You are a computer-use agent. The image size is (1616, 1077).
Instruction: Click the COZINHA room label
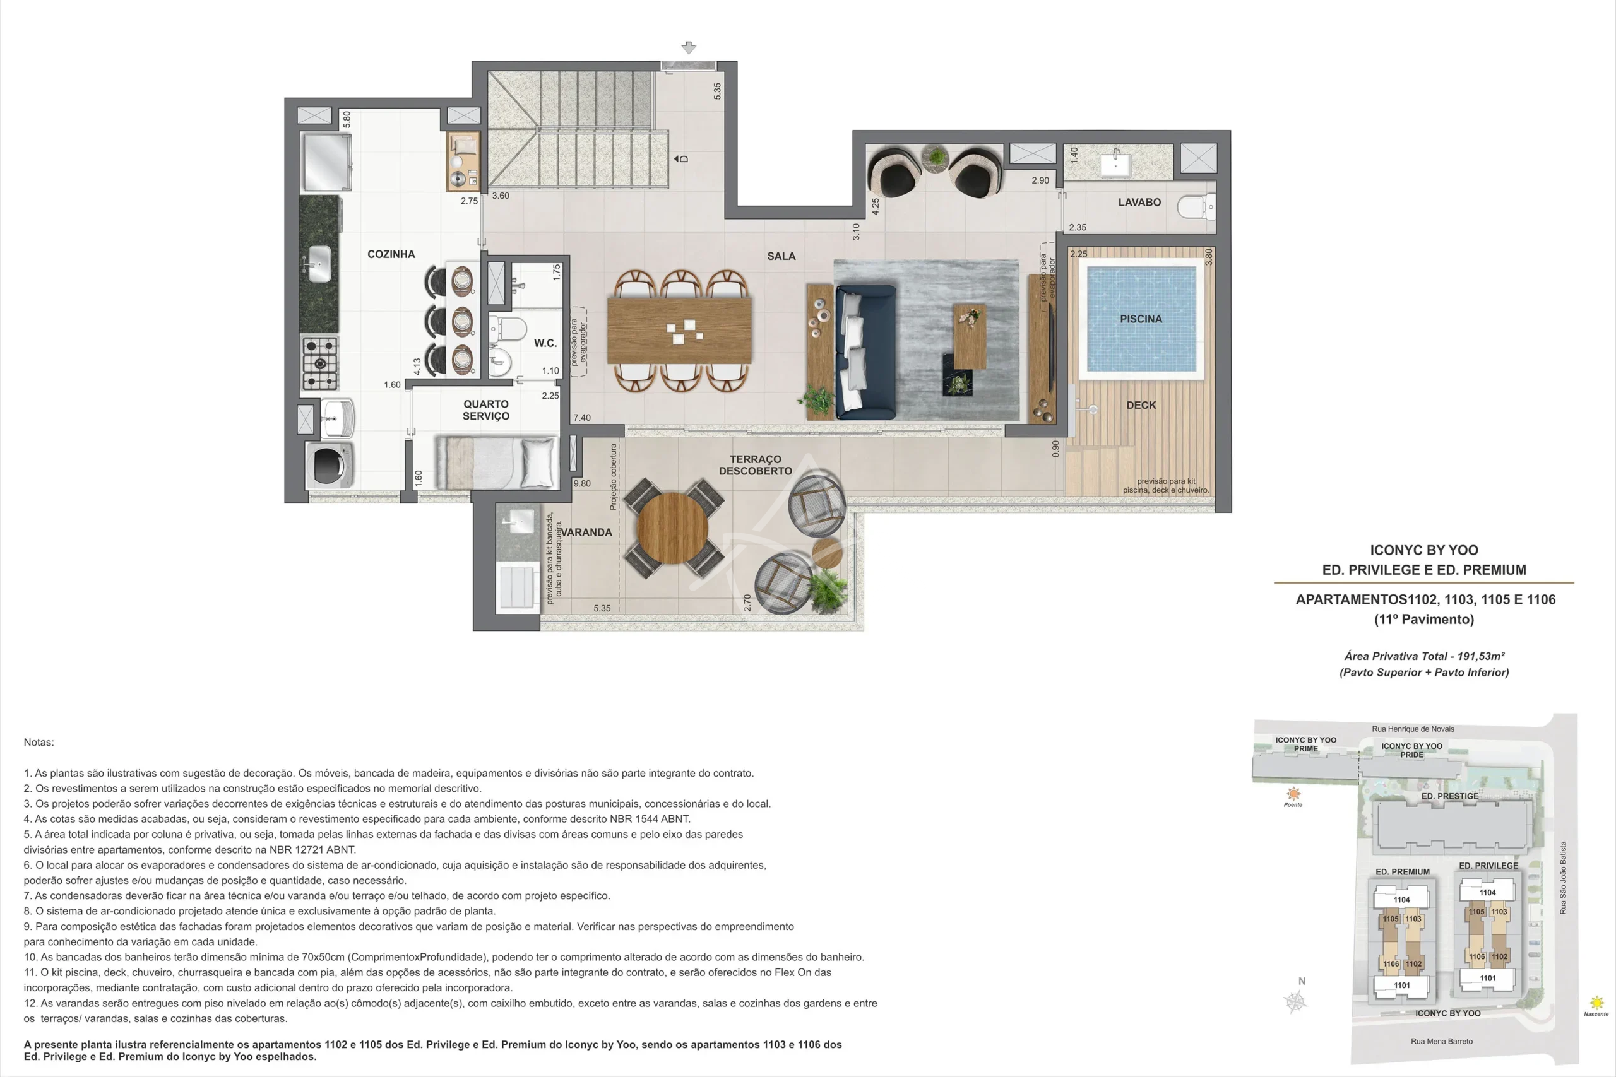(x=391, y=254)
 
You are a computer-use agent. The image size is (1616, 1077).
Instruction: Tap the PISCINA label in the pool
(x=1141, y=319)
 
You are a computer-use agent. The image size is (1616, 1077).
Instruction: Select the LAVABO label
(x=1139, y=202)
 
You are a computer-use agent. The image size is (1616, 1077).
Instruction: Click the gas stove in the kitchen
(x=320, y=363)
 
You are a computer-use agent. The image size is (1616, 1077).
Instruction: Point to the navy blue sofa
(x=865, y=351)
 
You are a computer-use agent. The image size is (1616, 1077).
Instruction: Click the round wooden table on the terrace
(x=673, y=527)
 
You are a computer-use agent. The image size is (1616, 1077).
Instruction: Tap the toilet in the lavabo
(x=1196, y=206)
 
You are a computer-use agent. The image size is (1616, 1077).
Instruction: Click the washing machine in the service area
(x=330, y=465)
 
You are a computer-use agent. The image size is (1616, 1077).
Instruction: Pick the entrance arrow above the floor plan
(x=689, y=47)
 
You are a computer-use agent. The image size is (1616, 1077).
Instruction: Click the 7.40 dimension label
(x=582, y=418)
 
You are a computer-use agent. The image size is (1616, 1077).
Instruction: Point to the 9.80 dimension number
(x=582, y=483)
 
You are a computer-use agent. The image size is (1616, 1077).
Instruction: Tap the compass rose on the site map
(x=1295, y=1002)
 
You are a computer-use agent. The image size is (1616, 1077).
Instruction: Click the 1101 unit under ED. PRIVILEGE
(x=1487, y=978)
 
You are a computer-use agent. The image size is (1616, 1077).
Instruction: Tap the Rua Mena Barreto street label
(x=1442, y=1041)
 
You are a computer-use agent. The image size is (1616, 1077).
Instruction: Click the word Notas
(x=39, y=743)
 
